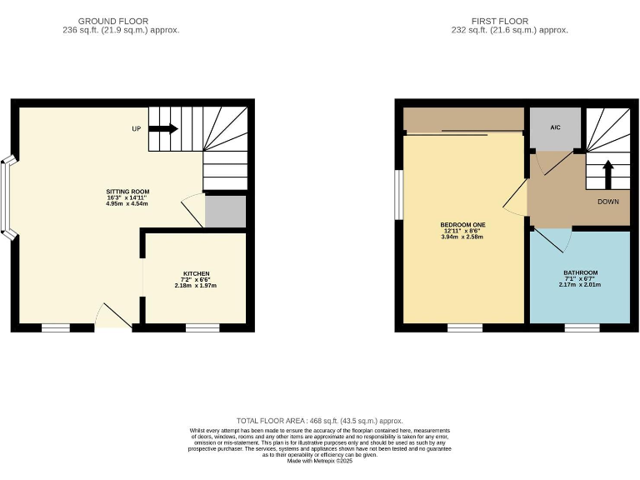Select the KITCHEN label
point(196,273)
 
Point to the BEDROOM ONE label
point(462,225)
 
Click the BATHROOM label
point(580,272)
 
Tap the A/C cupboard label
point(555,128)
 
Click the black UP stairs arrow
point(163,128)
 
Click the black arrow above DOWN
point(607,175)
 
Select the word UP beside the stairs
point(136,129)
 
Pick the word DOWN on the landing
point(607,202)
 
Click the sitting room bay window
point(7,197)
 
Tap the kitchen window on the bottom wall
point(202,327)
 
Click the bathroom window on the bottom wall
point(582,327)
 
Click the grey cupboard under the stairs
point(225,212)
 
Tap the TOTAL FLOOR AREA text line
point(321,421)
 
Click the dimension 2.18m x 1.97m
point(196,285)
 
